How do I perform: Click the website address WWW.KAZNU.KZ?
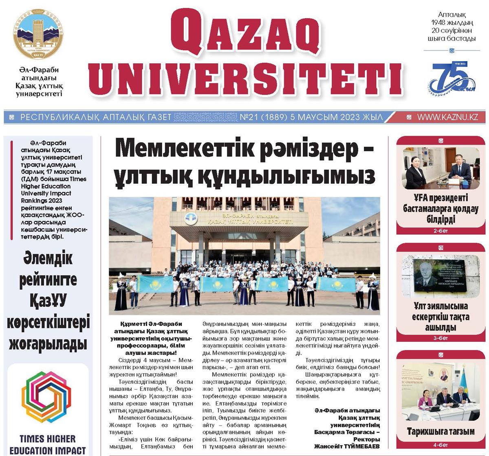pos(447,117)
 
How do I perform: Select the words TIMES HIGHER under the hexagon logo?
pos(48,439)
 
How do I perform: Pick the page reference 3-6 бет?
pos(440,338)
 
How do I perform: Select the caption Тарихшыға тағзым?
pos(440,431)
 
